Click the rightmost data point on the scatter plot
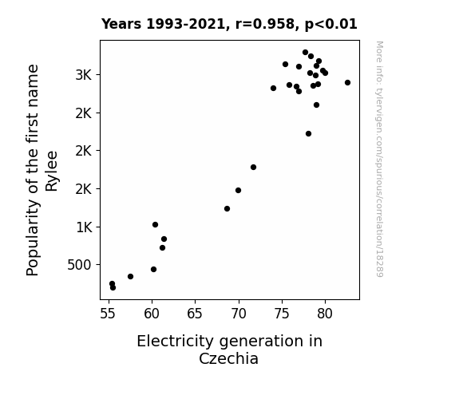tap(347, 82)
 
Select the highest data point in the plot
tap(305, 53)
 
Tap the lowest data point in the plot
tap(113, 288)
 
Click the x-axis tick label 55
tap(108, 314)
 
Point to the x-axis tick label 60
tap(152, 314)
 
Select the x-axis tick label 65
tap(195, 314)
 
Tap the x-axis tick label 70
tap(239, 314)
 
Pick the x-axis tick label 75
tap(282, 314)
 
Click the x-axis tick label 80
tap(325, 314)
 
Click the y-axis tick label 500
tap(79, 265)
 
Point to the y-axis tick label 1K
tap(84, 227)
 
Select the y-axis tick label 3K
tap(84, 75)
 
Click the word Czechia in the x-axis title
tap(228, 358)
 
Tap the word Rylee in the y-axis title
tap(52, 172)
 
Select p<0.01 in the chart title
tap(331, 25)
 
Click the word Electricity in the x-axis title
tap(176, 341)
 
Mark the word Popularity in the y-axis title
tap(33, 238)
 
